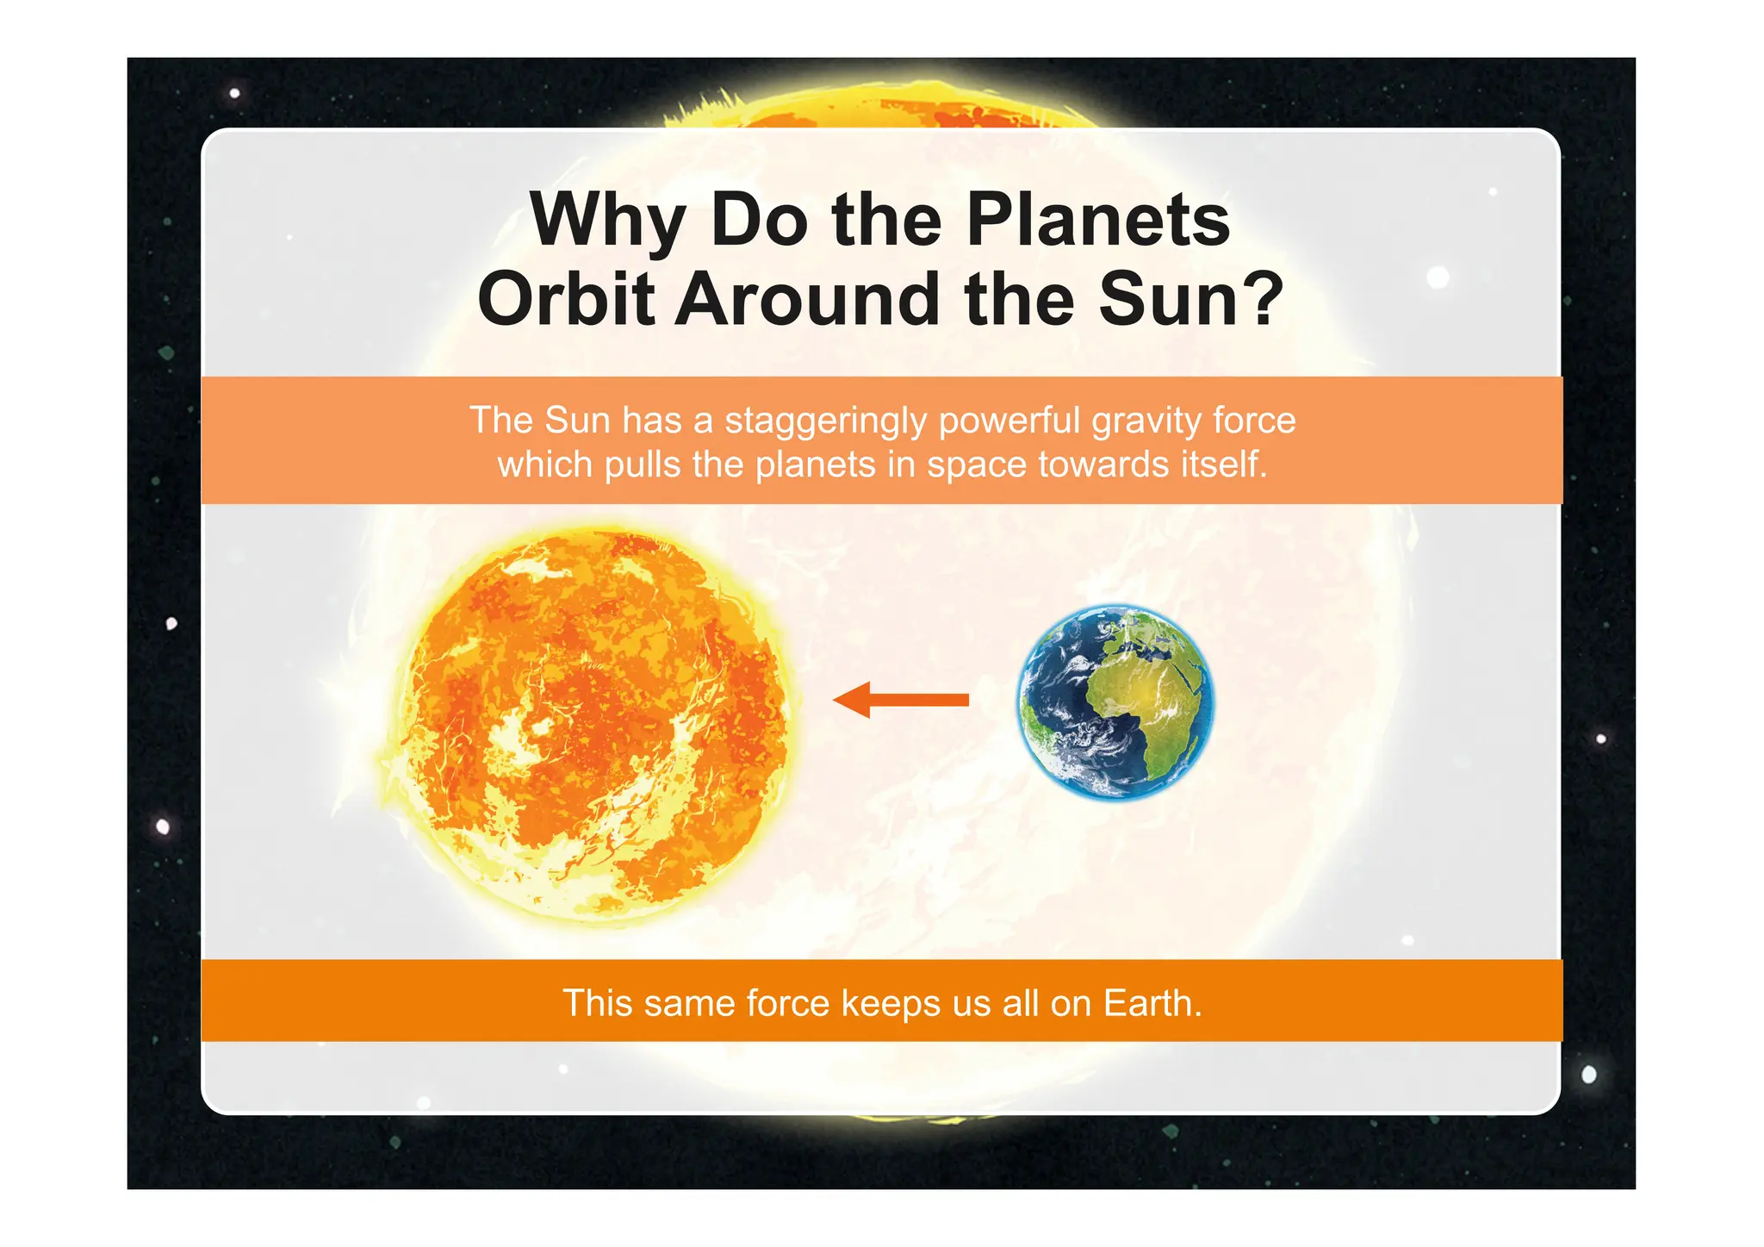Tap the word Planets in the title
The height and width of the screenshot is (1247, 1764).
point(1098,221)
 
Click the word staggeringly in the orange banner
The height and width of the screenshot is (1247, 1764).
point(826,421)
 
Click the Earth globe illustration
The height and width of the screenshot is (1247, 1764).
point(1115,701)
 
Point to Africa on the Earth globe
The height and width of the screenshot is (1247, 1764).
point(1146,689)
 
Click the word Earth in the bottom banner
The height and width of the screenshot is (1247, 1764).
point(1152,1003)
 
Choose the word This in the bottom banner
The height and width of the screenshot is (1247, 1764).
point(596,1003)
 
